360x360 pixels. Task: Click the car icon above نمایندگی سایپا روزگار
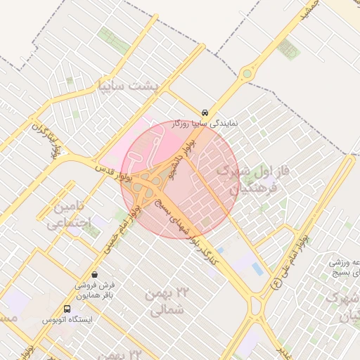(204, 112)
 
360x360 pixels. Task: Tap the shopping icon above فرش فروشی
(95, 274)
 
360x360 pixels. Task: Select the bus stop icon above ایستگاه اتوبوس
(67, 309)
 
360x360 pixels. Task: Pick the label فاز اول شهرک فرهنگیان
(248, 179)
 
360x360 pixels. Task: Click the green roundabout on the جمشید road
(247, 73)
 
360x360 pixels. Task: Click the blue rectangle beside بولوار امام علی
(258, 269)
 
